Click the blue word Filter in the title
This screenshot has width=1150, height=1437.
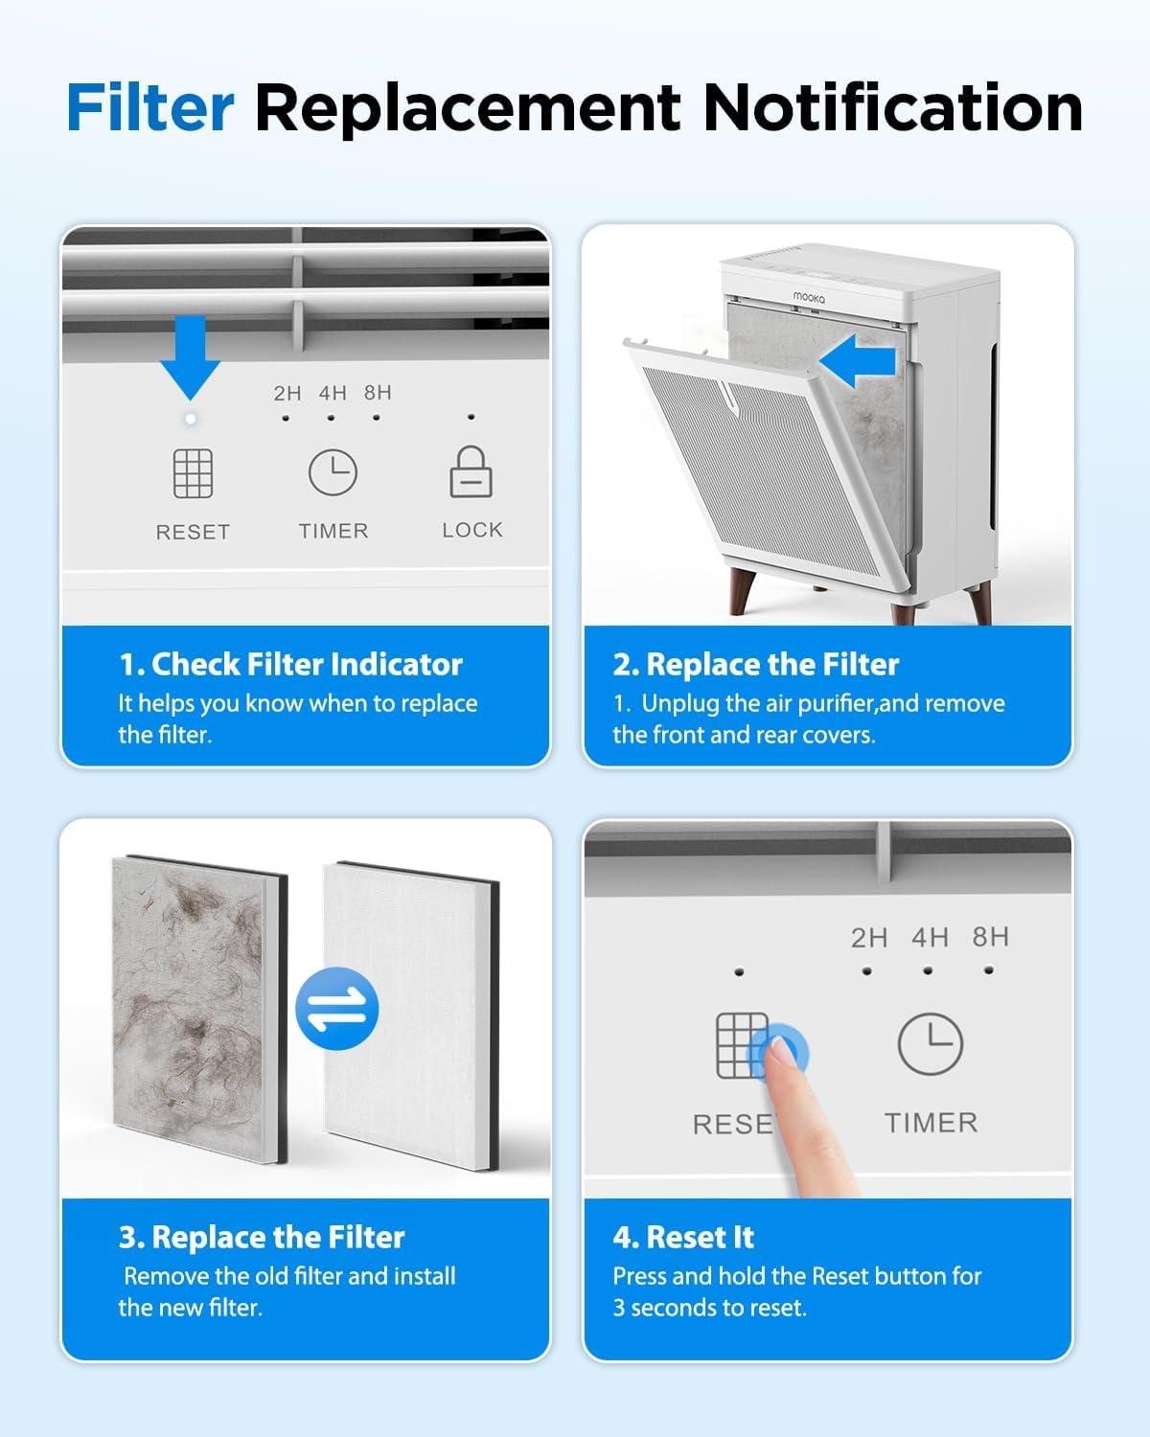pos(150,107)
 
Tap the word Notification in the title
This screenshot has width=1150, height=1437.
pos(893,107)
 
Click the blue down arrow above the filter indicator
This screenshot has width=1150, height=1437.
pos(191,357)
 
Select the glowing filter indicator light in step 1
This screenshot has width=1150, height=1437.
pos(191,419)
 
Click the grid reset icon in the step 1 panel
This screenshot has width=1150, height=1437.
pos(194,473)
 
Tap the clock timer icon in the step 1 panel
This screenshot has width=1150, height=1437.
pos(333,472)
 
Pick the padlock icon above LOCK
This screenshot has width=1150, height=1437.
pos(471,471)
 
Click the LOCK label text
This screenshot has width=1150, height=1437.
pos(472,530)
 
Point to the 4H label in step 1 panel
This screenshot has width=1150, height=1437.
pos(333,393)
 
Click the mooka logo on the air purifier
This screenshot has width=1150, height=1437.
pos(809,297)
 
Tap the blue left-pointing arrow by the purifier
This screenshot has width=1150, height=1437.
pos(857,361)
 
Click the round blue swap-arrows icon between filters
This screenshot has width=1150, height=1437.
pos(336,1009)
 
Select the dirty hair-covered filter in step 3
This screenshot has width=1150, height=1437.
pos(199,1009)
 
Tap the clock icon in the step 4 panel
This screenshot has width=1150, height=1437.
pos(931,1043)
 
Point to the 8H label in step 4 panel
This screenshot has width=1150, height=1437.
pos(990,937)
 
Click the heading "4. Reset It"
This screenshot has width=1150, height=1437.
pos(683,1238)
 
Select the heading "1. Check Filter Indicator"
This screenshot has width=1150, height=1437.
pos(290,665)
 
